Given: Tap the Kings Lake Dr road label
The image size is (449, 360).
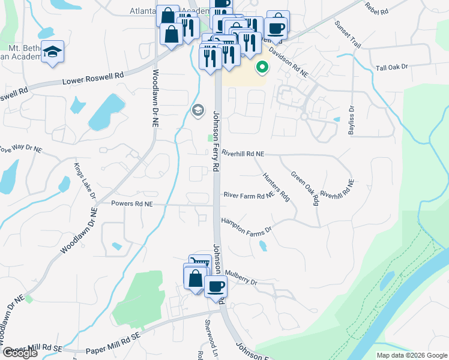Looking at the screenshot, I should (x=85, y=181).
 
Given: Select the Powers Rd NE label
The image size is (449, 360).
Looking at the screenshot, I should (x=132, y=204).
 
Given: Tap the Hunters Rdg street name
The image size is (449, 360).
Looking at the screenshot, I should (x=277, y=188).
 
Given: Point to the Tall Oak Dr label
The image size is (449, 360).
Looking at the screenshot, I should (x=391, y=67).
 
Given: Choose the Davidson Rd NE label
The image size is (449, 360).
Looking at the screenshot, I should (x=288, y=62).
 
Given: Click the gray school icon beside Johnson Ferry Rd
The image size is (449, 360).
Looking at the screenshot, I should (x=197, y=110).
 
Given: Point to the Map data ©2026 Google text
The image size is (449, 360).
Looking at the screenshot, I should (x=411, y=355).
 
